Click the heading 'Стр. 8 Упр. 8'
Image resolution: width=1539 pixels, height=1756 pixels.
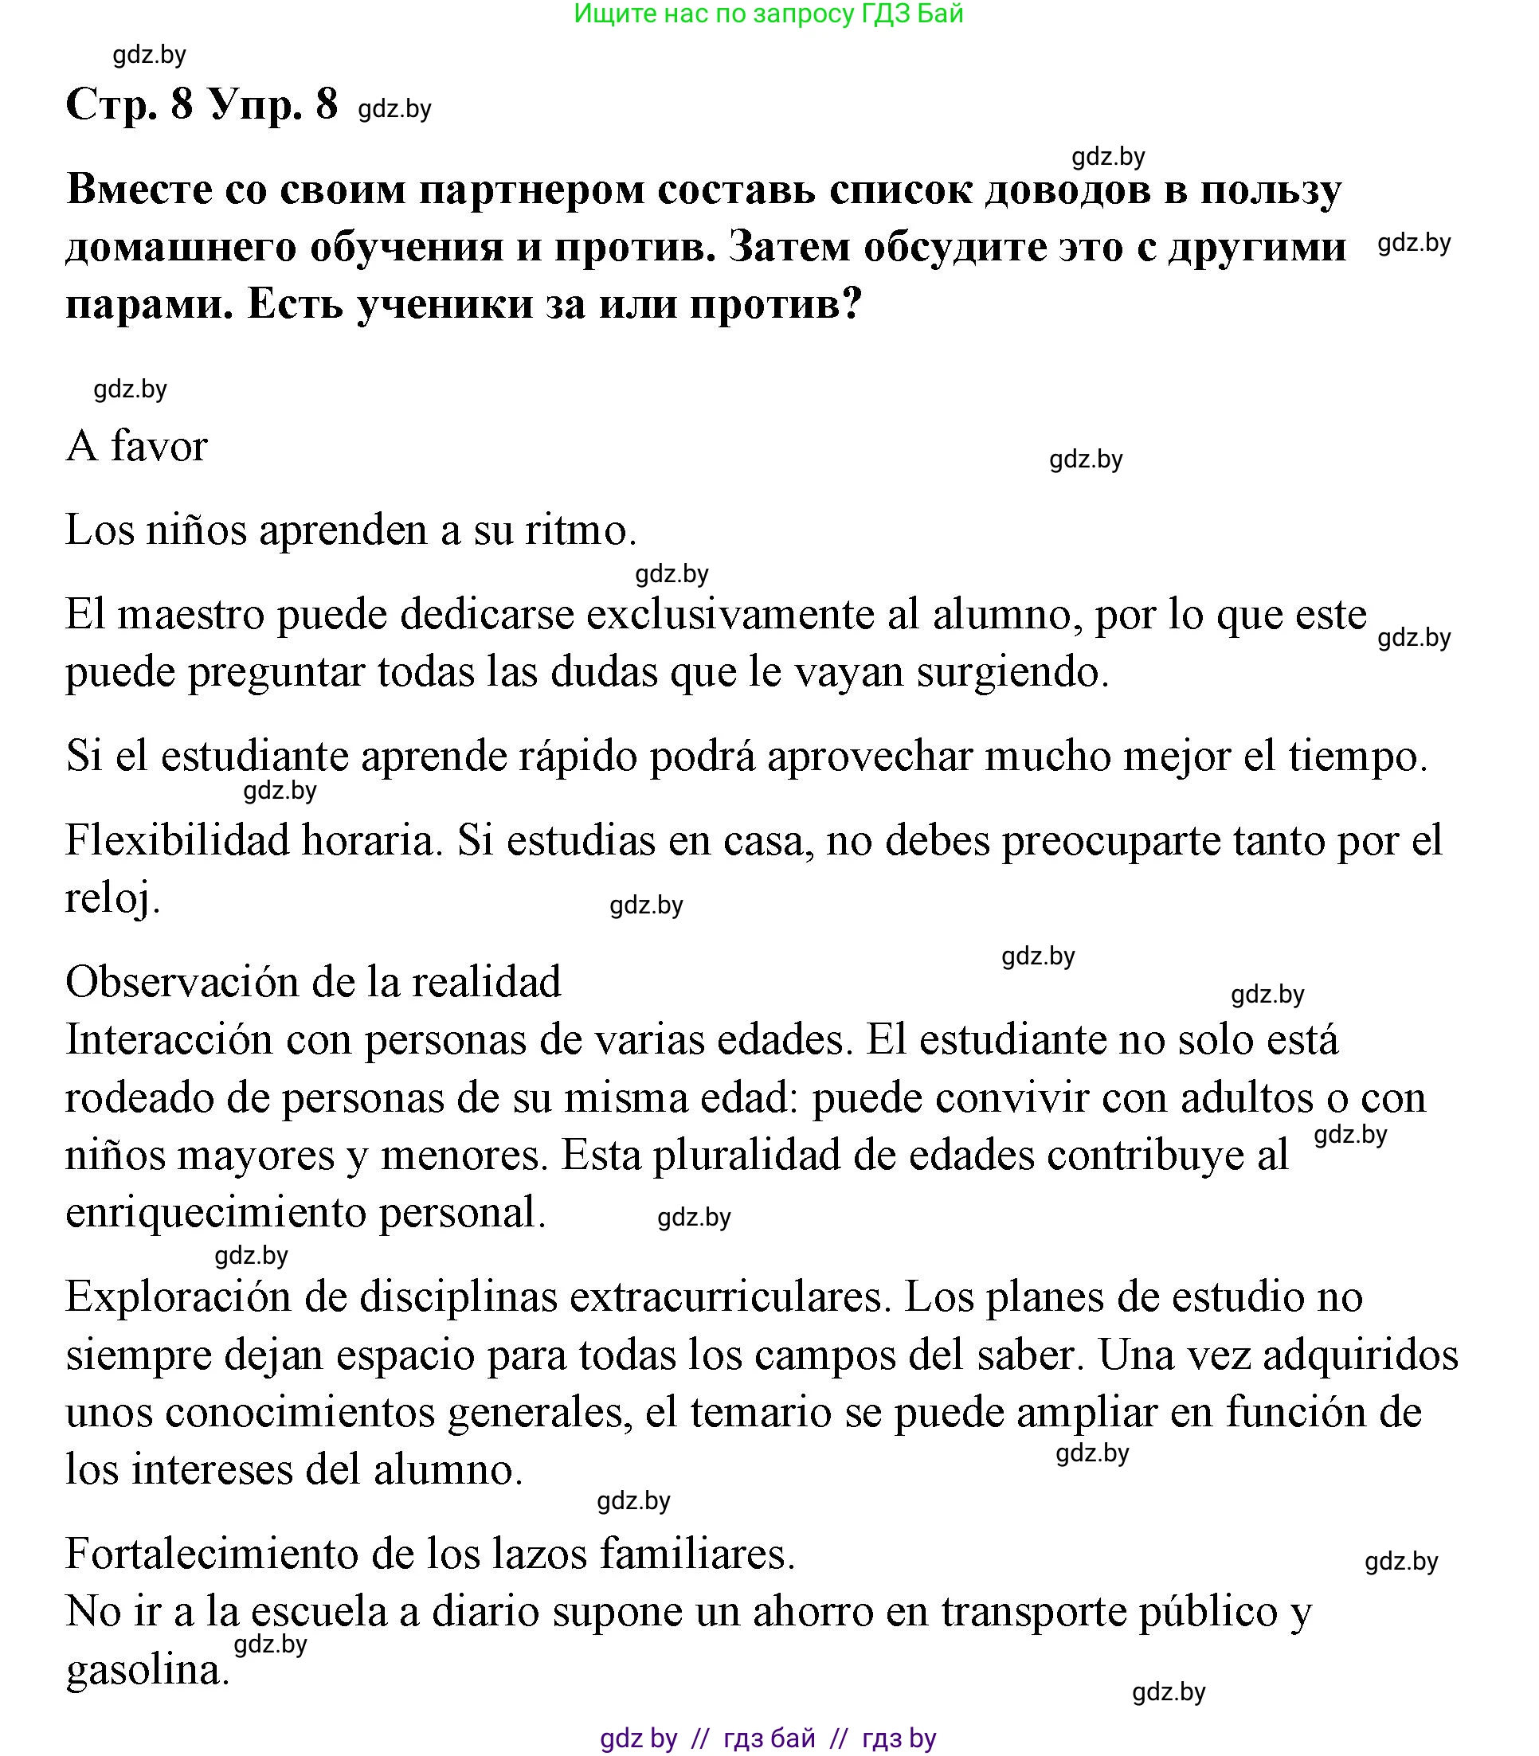click(x=202, y=105)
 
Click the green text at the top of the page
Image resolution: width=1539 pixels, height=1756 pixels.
click(x=768, y=14)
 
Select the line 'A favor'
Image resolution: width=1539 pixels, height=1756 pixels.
click(x=136, y=446)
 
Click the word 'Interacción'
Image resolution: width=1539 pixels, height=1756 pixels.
click(x=169, y=1039)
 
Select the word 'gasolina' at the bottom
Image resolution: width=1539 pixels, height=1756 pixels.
click(x=144, y=1669)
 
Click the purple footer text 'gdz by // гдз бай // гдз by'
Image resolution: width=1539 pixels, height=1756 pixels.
click(x=768, y=1738)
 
